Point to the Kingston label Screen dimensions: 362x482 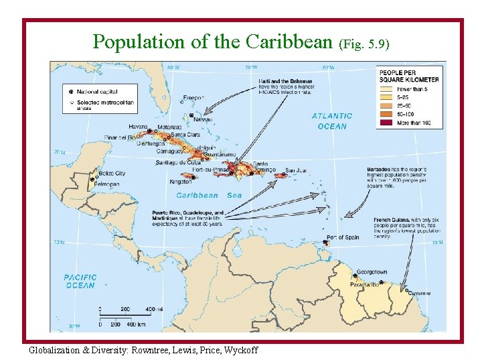coord(181,181)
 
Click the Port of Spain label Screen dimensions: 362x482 coord(343,237)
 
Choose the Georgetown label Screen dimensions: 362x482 coord(372,272)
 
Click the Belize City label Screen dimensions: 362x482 coord(111,173)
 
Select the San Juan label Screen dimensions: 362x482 coord(297,170)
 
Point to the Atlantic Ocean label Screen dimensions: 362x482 coord(332,121)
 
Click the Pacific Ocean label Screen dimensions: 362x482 coord(80,281)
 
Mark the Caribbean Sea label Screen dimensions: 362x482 coord(209,195)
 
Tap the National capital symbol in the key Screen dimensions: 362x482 coord(71,90)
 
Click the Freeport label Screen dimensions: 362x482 coord(194,97)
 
